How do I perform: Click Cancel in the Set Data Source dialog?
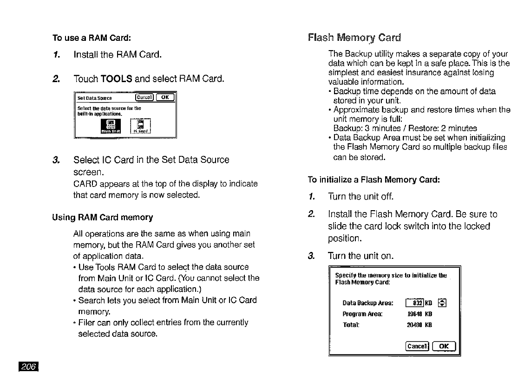(142, 97)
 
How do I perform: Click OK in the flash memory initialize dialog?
(444, 346)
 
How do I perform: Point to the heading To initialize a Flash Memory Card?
(374, 180)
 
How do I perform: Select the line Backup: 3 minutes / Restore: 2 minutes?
(405, 129)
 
